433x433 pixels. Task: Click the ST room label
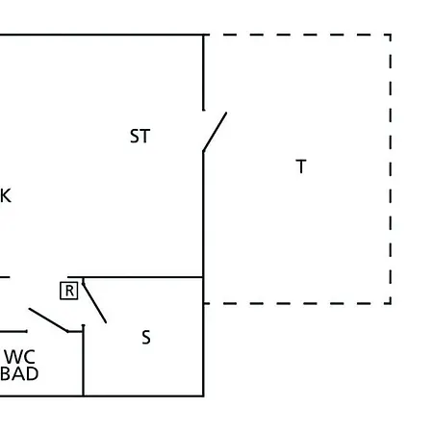(140, 136)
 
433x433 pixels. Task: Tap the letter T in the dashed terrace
(301, 166)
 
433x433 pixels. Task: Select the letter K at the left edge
(6, 195)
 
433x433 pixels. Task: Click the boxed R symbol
(69, 291)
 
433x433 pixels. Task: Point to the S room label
(146, 338)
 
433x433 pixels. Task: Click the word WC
(19, 357)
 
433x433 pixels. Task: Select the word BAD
(19, 374)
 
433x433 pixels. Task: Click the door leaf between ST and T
(215, 132)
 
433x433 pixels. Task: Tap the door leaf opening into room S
(94, 303)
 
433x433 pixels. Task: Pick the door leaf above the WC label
(48, 320)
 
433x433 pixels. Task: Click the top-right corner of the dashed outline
(391, 35)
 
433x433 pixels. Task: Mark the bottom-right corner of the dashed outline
(391, 303)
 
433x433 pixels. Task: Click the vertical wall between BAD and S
(84, 361)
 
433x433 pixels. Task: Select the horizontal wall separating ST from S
(135, 277)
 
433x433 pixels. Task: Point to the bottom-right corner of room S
(203, 396)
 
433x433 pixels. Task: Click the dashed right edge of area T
(391, 169)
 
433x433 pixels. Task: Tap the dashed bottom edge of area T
(297, 303)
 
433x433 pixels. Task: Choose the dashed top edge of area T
(297, 35)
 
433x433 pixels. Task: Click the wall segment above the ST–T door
(203, 72)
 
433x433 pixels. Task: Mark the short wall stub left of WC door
(13, 331)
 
